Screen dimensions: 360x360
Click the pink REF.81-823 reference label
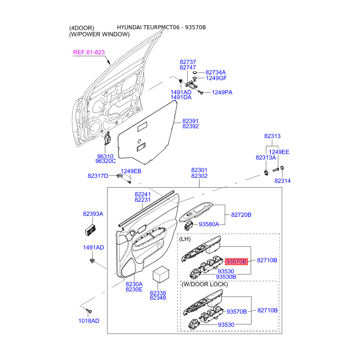point(89,53)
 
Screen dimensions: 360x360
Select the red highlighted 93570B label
point(237,261)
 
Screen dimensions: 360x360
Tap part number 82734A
point(216,72)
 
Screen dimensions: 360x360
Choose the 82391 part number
point(190,121)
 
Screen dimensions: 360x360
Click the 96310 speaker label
point(104,156)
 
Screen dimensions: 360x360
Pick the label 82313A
point(265,157)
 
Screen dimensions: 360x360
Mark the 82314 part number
point(283,180)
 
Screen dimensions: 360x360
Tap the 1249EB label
point(131,171)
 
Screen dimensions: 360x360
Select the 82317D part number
point(98,176)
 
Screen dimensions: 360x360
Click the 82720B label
point(241,215)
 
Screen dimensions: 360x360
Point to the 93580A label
point(209,224)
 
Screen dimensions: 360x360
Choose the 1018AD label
point(89,321)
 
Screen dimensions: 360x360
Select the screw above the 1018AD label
point(89,310)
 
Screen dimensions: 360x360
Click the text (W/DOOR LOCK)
point(205,284)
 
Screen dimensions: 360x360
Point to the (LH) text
point(185,239)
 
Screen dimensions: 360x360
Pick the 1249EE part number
point(279,152)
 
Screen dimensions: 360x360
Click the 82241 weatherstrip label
point(143,194)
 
